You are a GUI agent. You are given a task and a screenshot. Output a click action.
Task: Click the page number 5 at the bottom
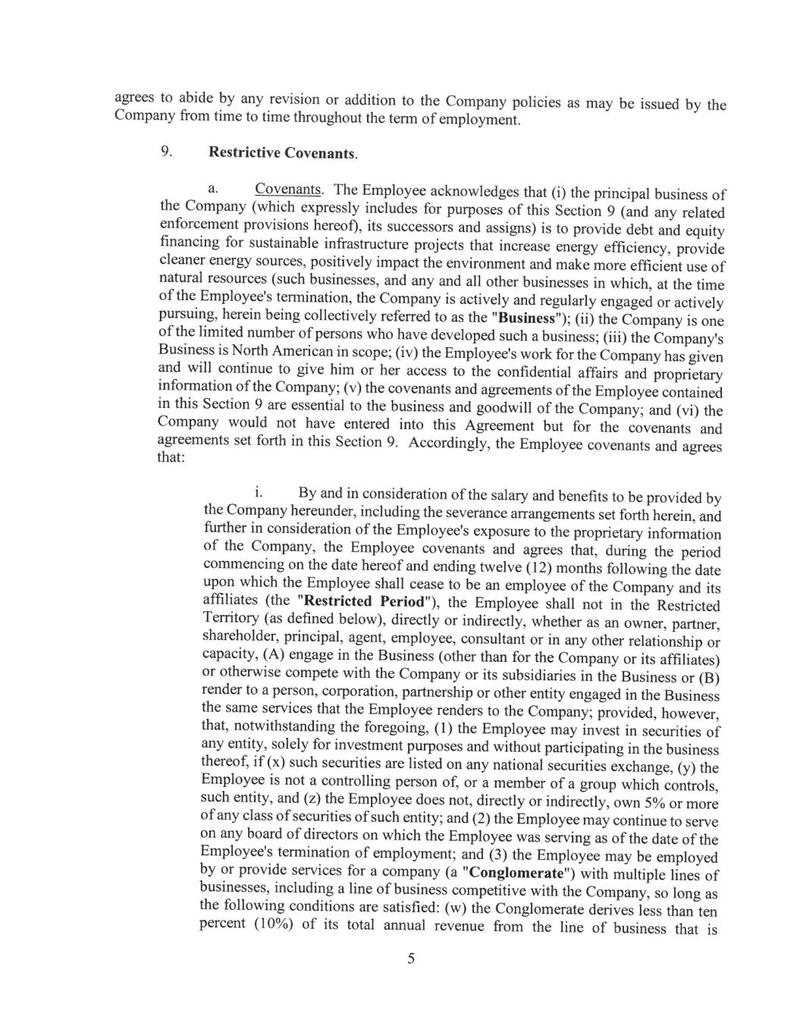tap(411, 959)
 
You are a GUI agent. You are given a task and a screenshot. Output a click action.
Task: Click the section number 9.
tap(165, 151)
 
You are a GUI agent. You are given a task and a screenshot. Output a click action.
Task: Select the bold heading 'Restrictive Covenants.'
tap(282, 152)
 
